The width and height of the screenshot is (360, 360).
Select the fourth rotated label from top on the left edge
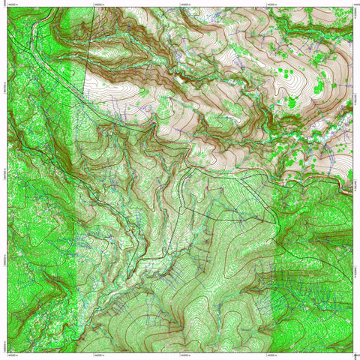point(4,259)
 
